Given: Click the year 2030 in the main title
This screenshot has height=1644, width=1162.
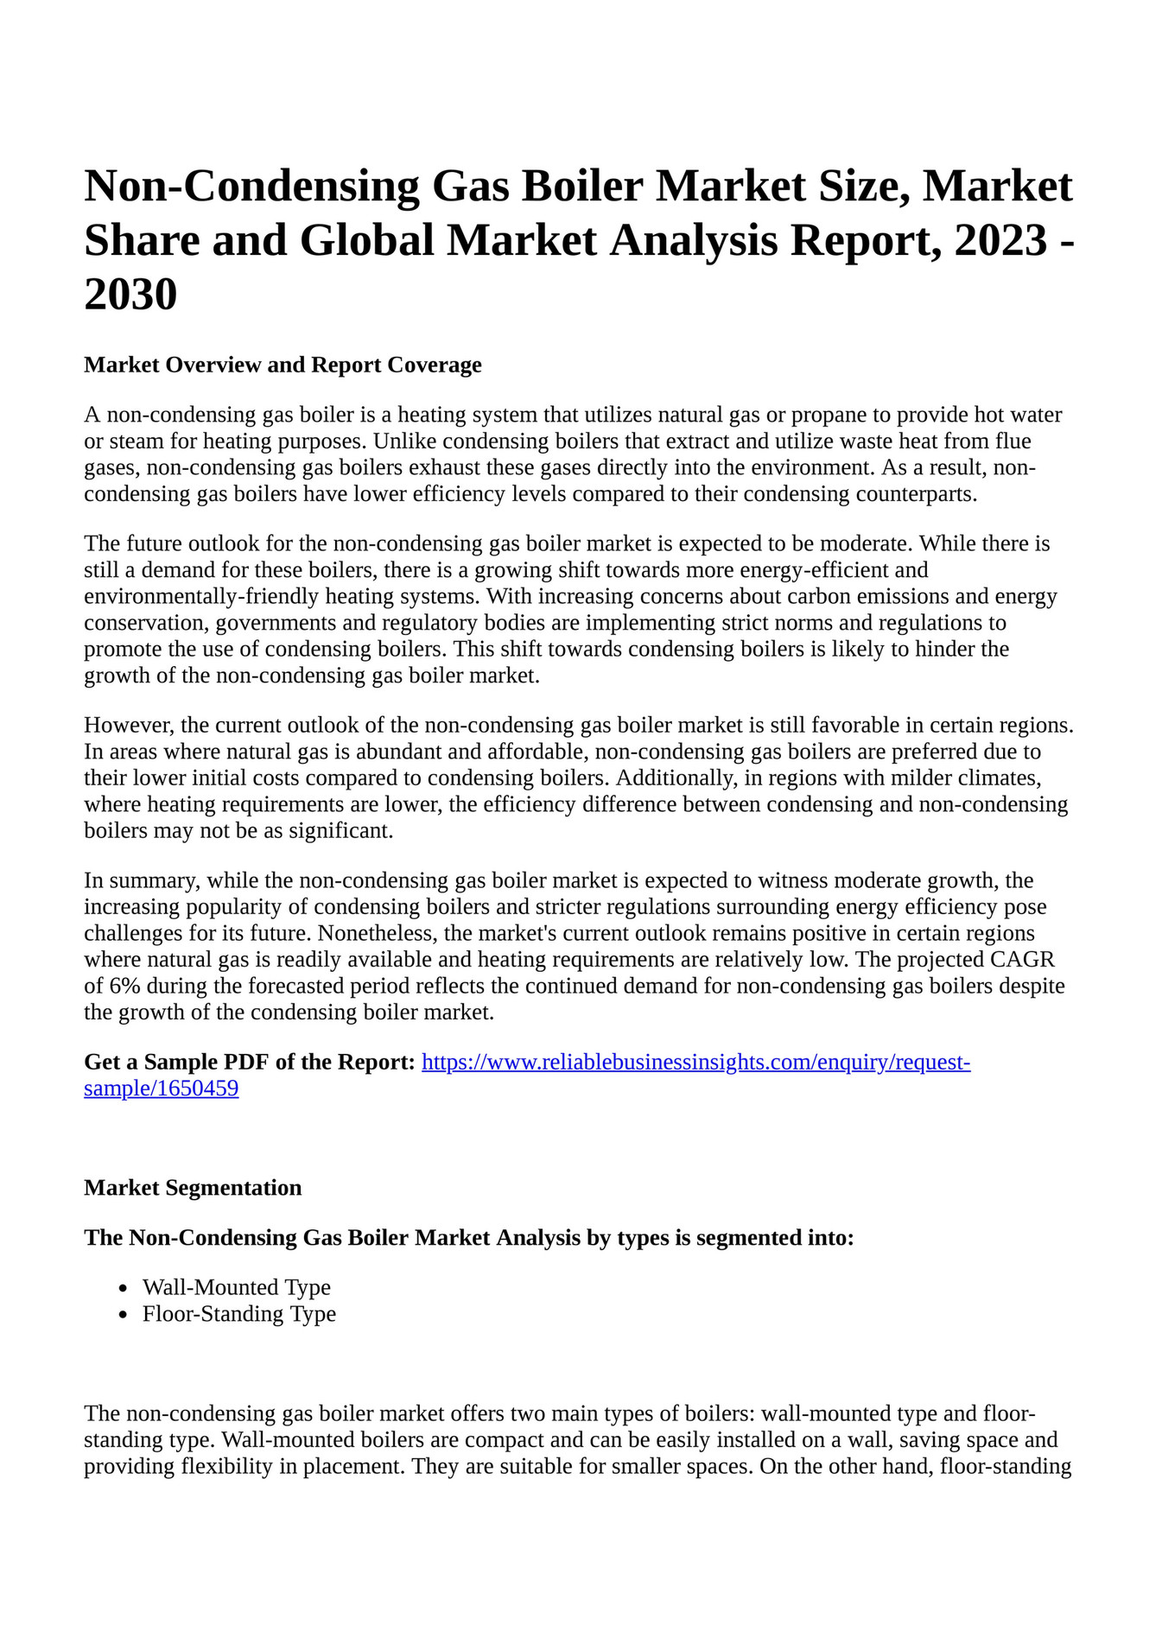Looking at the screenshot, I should [130, 295].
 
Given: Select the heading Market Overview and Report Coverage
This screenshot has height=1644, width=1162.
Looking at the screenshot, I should [283, 365].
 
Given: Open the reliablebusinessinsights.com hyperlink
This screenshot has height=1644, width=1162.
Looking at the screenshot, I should [695, 1062].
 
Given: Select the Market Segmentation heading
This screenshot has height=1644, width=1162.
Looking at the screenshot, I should [193, 1188].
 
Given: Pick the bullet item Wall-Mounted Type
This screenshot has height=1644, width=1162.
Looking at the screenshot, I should [237, 1287].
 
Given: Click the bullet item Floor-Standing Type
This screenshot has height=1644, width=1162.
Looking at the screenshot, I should [239, 1314].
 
